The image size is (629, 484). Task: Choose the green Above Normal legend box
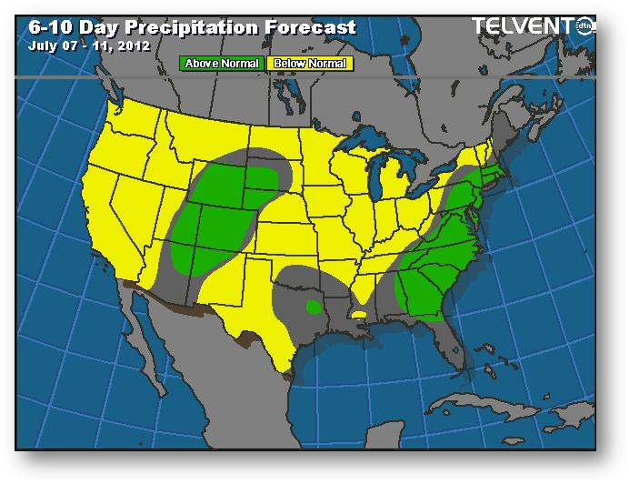click(x=222, y=64)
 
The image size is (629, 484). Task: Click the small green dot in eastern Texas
click(x=312, y=306)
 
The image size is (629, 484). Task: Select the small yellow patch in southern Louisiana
click(x=360, y=315)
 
